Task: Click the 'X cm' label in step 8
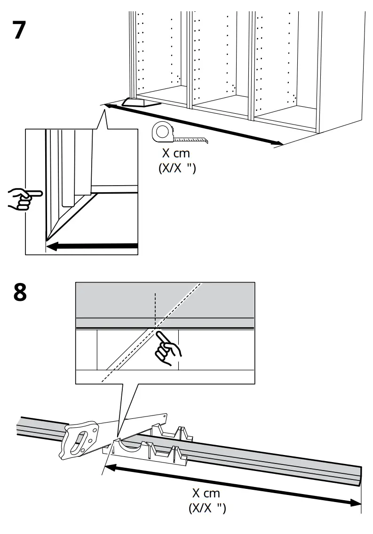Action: coord(206,494)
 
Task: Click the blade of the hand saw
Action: coord(141,425)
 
